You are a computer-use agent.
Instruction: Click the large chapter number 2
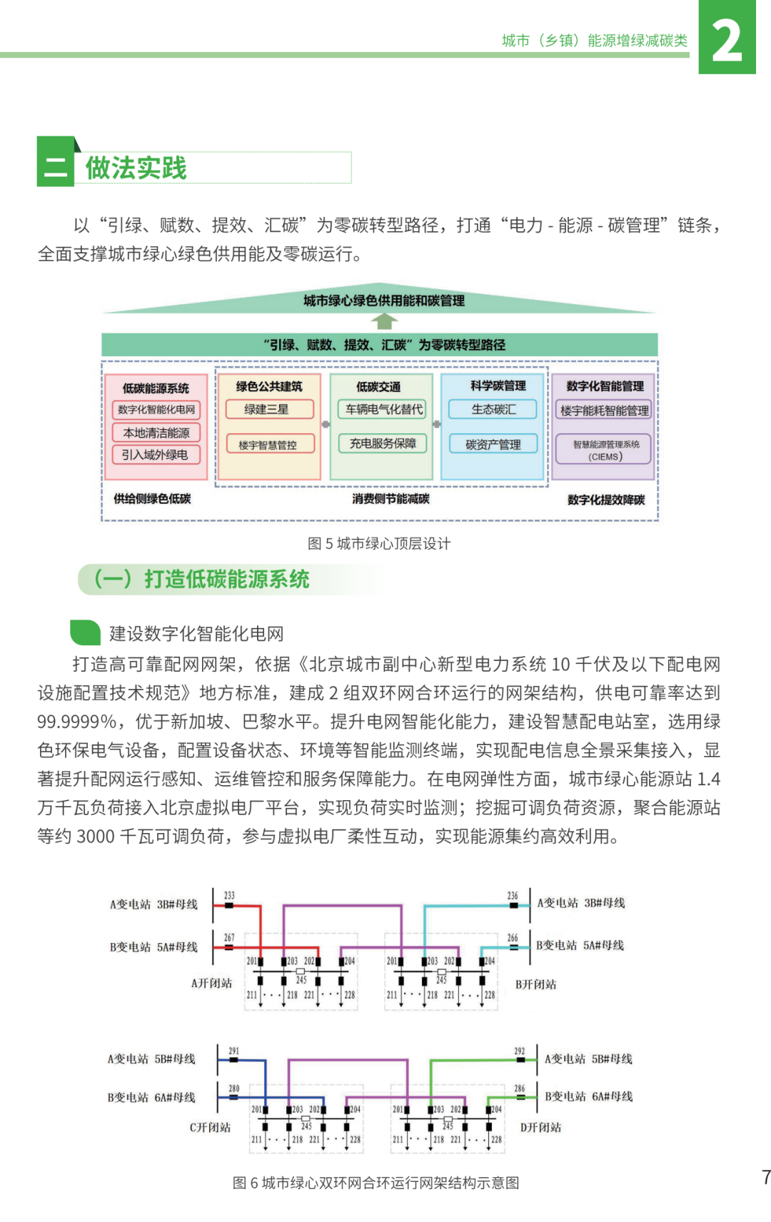point(727,40)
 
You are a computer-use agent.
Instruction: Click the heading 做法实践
point(136,168)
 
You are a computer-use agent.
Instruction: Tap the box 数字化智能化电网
point(156,410)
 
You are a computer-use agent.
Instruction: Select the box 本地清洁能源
point(156,433)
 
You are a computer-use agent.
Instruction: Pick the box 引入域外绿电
point(156,455)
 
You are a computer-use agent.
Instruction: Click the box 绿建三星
point(268,409)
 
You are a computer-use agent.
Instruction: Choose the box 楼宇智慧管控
point(268,445)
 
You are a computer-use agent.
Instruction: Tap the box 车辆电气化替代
point(383,409)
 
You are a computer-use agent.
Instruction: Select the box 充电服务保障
point(383,443)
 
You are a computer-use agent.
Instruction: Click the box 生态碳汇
point(493,409)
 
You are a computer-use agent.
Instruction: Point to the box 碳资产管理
point(493,444)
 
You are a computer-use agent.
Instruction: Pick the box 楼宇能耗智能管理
point(604,410)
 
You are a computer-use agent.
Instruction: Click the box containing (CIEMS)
point(605,450)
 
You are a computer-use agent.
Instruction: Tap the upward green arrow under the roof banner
point(383,321)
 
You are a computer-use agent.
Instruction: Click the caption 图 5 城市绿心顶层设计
point(379,544)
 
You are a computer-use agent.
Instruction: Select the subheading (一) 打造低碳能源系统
point(202,579)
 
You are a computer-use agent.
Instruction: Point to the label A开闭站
point(211,984)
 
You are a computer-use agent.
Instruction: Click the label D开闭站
point(540,1128)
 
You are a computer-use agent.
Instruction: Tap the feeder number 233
point(229,896)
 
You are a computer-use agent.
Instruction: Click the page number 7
point(765,1177)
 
